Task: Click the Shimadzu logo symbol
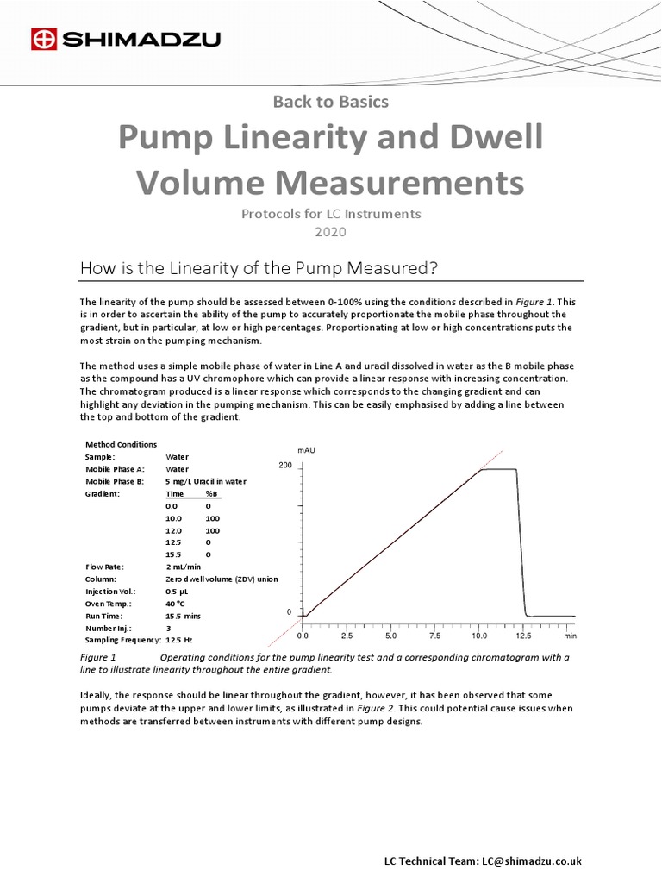pyautogui.click(x=43, y=39)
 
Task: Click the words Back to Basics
pyautogui.click(x=330, y=102)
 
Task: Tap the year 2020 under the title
pyautogui.click(x=330, y=232)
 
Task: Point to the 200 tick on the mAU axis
pyautogui.click(x=285, y=466)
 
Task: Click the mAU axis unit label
pyautogui.click(x=306, y=450)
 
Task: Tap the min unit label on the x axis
pyautogui.click(x=570, y=636)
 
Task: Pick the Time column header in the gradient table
pyautogui.click(x=175, y=493)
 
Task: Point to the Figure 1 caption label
pyautogui.click(x=103, y=657)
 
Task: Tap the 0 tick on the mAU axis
pyautogui.click(x=289, y=611)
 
